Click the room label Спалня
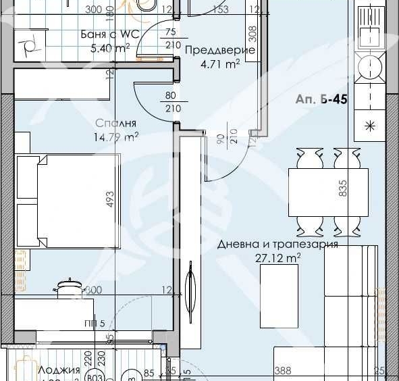[117, 124]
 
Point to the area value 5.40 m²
[110, 49]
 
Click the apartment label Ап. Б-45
[321, 99]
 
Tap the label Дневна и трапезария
[277, 245]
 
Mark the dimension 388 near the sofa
[283, 371]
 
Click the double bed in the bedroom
[67, 201]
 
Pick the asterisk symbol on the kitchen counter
[370, 125]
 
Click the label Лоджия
[59, 370]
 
